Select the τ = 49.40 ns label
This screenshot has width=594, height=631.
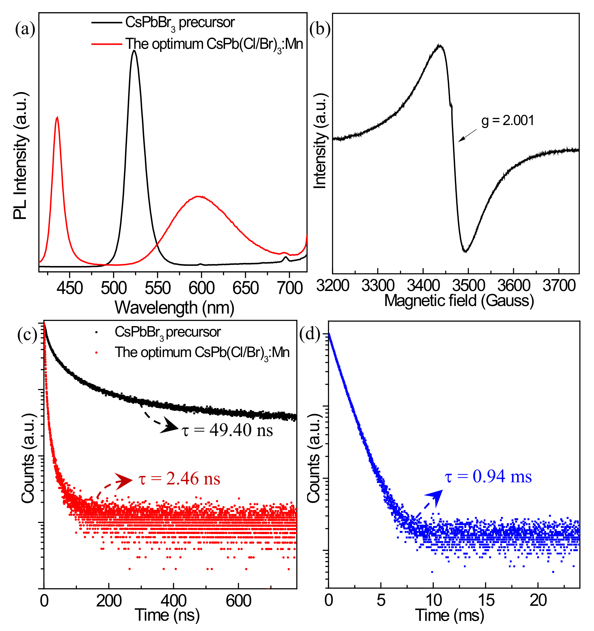click(227, 430)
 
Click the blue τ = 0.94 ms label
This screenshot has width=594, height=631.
click(488, 476)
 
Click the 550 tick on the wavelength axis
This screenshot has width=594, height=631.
click(158, 288)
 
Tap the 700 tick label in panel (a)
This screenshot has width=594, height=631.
click(290, 288)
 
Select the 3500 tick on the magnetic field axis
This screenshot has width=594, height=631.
click(468, 286)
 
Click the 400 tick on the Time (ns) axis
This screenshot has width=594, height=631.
click(173, 601)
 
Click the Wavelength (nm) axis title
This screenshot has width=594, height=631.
click(174, 308)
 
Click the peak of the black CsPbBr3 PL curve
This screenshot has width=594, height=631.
click(134, 51)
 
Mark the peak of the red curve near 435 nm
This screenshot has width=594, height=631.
click(57, 118)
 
